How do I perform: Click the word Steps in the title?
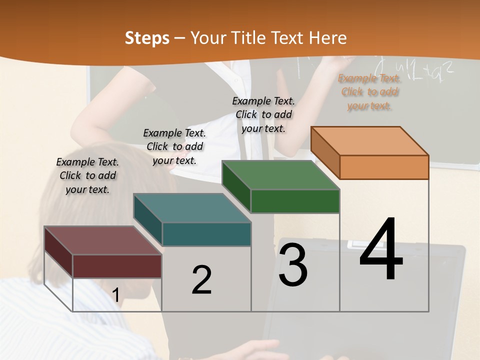coord(147,38)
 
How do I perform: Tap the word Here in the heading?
coord(327,38)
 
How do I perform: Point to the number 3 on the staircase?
coord(293,265)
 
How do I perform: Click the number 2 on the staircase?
coord(201,279)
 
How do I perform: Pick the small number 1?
coord(115,295)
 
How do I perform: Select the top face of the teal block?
coord(192,208)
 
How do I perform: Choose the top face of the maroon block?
coord(103,240)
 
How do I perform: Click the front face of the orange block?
coord(384,167)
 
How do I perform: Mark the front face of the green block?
coord(295,201)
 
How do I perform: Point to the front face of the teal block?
coord(206,234)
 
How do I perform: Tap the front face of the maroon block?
coord(117,266)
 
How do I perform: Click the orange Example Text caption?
coord(369,92)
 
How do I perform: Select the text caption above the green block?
coord(263,114)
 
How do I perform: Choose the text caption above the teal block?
coord(174,146)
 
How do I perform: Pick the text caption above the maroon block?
coord(87,175)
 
